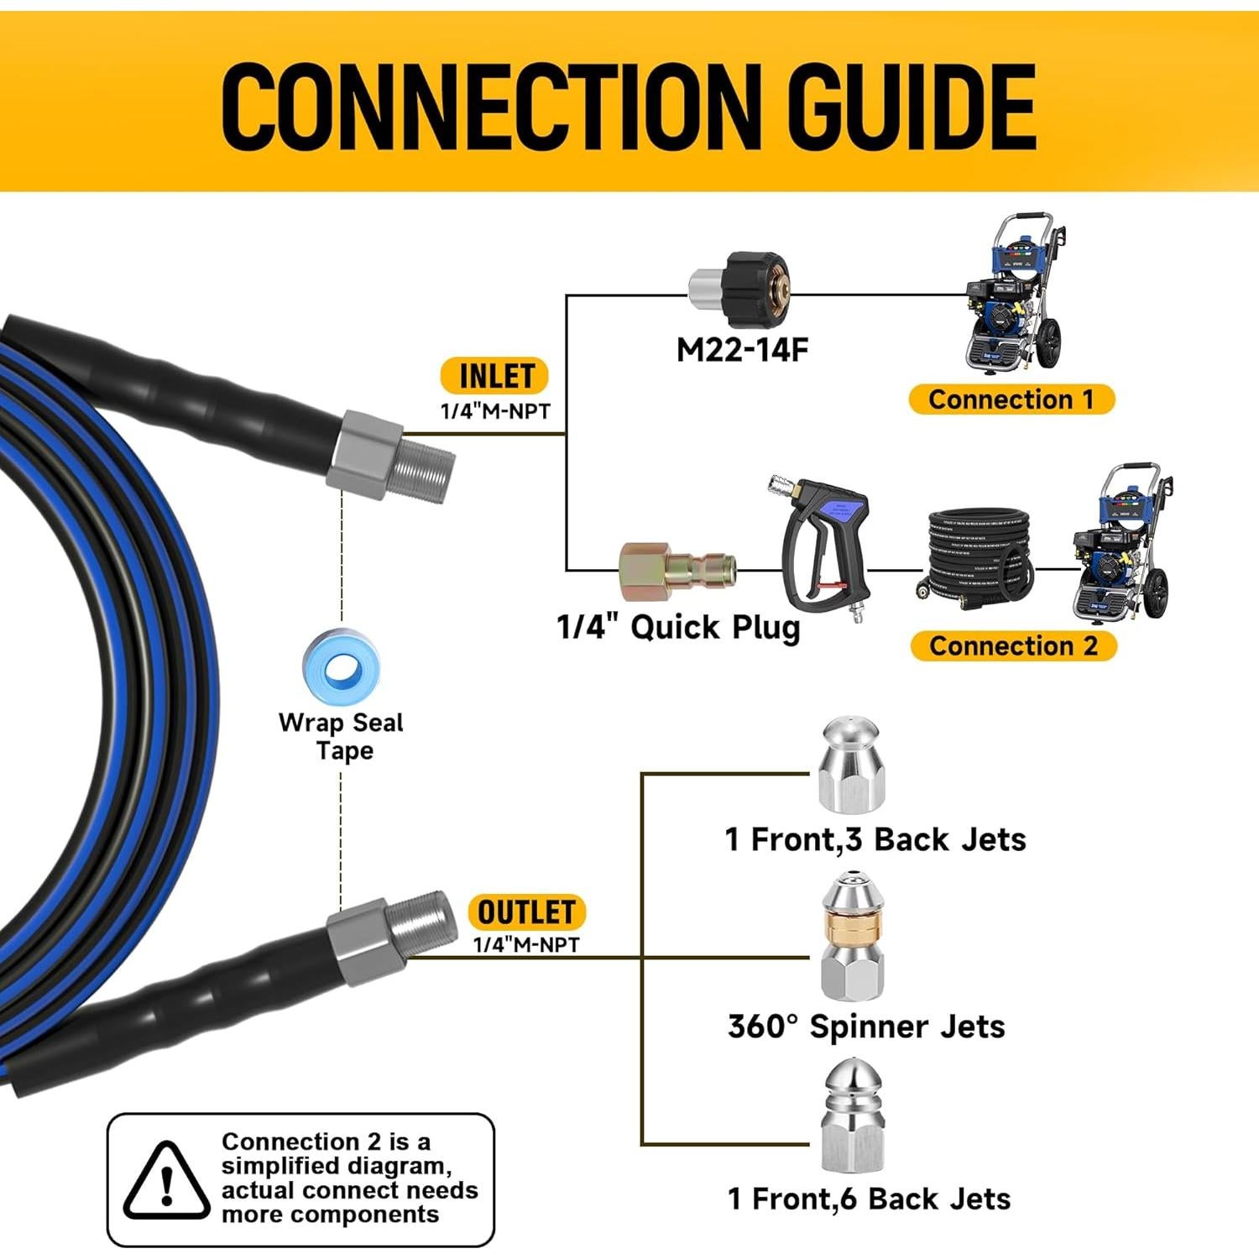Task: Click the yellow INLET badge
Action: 495,376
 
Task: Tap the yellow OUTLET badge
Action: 526,912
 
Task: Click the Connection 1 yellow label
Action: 1011,400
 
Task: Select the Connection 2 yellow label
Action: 1013,645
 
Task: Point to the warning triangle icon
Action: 166,1182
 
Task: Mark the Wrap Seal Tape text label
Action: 342,736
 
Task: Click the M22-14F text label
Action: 742,349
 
